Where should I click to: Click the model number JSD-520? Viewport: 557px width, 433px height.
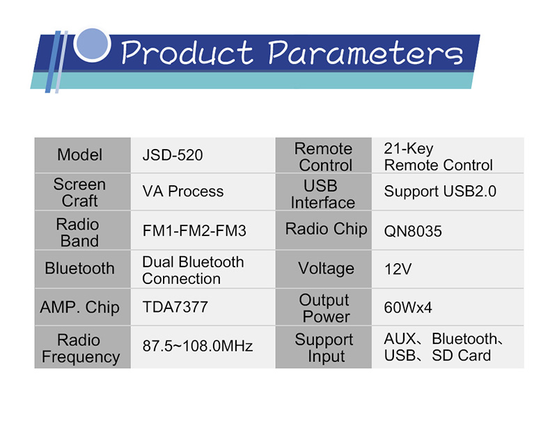click(173, 155)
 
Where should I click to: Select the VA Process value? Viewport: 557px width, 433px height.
click(183, 191)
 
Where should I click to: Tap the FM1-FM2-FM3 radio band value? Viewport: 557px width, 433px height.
click(194, 231)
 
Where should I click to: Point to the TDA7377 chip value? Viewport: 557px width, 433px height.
click(175, 307)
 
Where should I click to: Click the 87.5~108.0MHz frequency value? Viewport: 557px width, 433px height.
click(198, 345)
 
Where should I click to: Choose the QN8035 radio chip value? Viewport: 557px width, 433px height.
click(413, 231)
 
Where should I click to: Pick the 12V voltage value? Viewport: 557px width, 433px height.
click(398, 269)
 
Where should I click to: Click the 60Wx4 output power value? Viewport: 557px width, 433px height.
click(408, 308)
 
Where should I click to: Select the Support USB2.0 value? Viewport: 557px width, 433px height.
click(440, 192)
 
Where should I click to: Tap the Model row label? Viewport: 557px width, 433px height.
click(80, 155)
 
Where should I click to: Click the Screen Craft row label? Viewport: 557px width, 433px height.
click(79, 193)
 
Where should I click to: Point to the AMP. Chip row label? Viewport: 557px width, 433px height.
click(79, 308)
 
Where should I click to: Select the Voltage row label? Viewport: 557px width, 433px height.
click(326, 269)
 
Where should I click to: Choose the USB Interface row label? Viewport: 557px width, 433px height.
click(322, 194)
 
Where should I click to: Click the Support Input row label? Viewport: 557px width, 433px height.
click(324, 348)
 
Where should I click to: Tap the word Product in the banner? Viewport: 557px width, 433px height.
click(187, 53)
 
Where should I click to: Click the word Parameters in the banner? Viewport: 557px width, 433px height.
click(366, 53)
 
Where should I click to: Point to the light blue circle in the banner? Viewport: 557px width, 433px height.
click(92, 45)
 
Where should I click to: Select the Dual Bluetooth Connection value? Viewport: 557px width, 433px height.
click(193, 270)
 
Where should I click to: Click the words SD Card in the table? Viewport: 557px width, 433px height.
click(461, 356)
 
